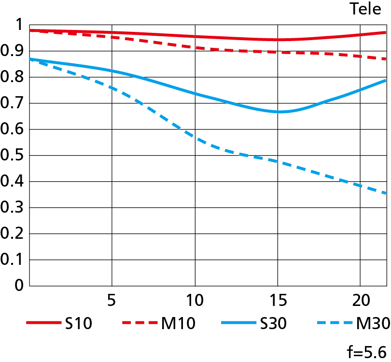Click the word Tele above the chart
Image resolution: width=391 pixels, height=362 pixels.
(365, 9)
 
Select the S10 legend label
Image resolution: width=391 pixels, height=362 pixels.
(78, 323)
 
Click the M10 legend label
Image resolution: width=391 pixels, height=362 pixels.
(179, 323)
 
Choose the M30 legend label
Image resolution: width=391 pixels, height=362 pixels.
(372, 323)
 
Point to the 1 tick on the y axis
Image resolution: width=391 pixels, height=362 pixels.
(19, 25)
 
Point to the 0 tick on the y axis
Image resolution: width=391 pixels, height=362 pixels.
(19, 286)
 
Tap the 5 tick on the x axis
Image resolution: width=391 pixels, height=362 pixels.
(112, 300)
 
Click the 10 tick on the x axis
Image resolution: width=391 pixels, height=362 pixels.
(195, 300)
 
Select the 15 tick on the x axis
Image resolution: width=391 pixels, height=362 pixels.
(278, 300)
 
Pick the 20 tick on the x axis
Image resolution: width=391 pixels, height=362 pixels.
(360, 300)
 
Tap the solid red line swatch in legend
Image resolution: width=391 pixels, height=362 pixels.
(42, 323)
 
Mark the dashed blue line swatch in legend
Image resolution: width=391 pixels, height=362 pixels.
(334, 323)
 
